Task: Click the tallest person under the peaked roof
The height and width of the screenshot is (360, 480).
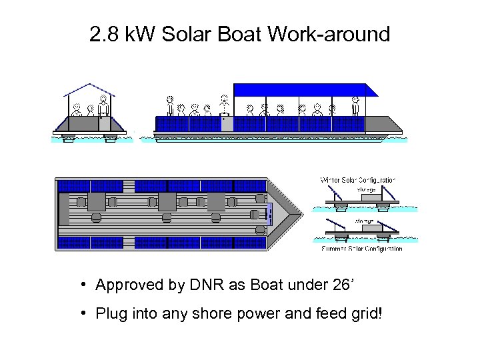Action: click(103, 107)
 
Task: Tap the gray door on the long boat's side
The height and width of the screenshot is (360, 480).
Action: click(227, 123)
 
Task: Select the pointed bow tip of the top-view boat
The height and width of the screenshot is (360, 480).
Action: click(294, 214)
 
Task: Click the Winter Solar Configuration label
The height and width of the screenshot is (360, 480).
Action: click(358, 180)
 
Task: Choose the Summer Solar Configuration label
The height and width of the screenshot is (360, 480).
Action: click(362, 249)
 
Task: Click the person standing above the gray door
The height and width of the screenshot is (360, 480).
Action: click(225, 105)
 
